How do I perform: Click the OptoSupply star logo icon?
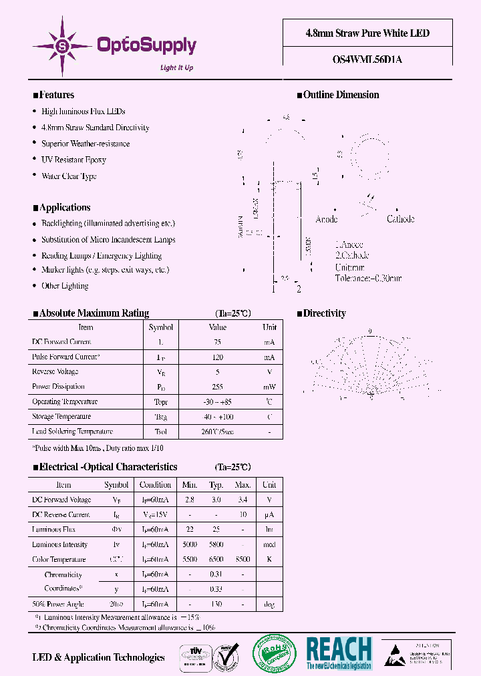[x=63, y=45]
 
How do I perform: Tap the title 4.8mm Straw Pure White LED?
[x=368, y=33]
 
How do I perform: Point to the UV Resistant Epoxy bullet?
[x=73, y=160]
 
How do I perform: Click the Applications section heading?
[x=64, y=207]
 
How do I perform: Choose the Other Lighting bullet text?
[x=65, y=286]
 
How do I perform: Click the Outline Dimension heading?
[x=341, y=95]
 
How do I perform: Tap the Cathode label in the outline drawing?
[x=400, y=219]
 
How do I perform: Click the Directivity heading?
[x=324, y=313]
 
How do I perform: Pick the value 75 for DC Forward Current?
[x=218, y=342]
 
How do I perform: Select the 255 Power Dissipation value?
[x=218, y=387]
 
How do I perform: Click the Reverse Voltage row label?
[x=55, y=371]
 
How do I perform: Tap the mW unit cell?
[x=269, y=387]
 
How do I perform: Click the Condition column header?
[x=155, y=485]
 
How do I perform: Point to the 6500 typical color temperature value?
[x=216, y=560]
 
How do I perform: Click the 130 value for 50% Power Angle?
[x=216, y=605]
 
